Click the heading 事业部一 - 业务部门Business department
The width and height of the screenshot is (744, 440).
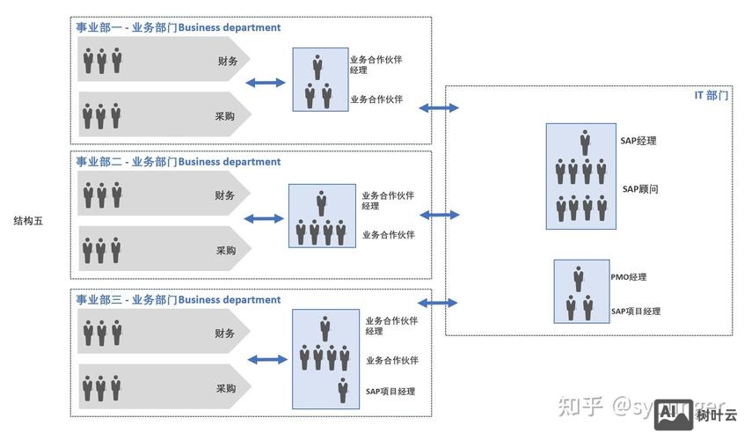click(179, 27)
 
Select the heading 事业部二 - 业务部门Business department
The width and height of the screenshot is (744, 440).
click(179, 162)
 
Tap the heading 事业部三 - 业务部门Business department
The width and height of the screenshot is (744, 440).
click(179, 300)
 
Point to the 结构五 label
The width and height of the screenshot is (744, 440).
click(28, 221)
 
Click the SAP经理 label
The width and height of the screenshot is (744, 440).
click(638, 141)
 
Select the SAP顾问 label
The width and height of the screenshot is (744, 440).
click(640, 188)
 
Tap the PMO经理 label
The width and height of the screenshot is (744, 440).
click(628, 277)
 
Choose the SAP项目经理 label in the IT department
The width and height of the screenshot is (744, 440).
click(635, 312)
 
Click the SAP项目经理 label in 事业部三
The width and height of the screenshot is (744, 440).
click(390, 392)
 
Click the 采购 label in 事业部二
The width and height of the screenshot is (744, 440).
click(226, 250)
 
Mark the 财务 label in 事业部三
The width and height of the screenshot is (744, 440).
click(225, 334)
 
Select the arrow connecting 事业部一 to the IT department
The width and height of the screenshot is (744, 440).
click(439, 107)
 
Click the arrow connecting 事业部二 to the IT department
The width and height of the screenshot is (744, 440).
click(440, 215)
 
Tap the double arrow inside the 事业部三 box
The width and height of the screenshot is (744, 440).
click(267, 359)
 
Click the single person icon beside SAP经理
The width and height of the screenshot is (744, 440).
click(585, 142)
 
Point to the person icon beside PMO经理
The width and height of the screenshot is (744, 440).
click(578, 278)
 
